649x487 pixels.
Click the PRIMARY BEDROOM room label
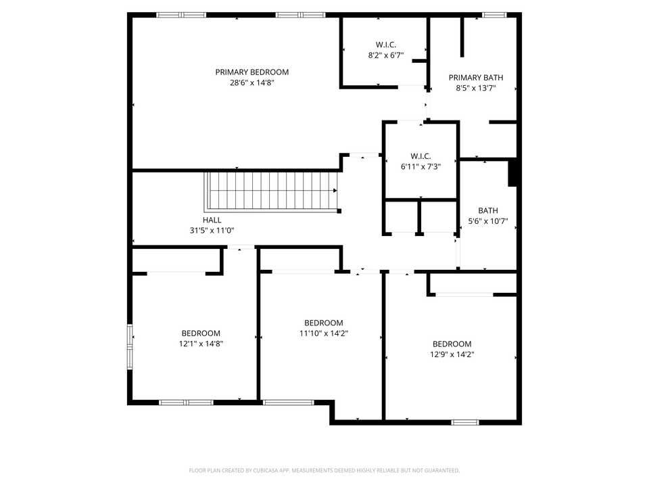point(251,72)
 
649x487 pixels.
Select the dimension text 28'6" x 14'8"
point(251,83)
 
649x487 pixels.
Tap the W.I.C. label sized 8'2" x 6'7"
point(385,45)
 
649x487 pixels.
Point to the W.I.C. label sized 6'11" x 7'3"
point(421,156)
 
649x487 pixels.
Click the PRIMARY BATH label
point(476,78)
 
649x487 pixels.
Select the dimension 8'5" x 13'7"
point(476,88)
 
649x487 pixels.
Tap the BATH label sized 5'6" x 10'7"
point(487,210)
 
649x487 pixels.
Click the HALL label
point(212,221)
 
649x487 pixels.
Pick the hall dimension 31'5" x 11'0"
point(212,231)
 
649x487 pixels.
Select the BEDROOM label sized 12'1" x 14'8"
point(201,333)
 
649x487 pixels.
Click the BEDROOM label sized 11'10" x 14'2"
point(323,323)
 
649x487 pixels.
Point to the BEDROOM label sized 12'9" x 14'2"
point(452,344)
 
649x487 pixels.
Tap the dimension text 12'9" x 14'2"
point(452,354)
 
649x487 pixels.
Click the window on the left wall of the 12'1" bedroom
point(130,347)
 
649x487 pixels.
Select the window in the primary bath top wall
point(494,15)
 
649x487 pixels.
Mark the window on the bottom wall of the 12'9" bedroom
point(465,423)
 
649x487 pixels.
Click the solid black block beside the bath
point(512,172)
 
